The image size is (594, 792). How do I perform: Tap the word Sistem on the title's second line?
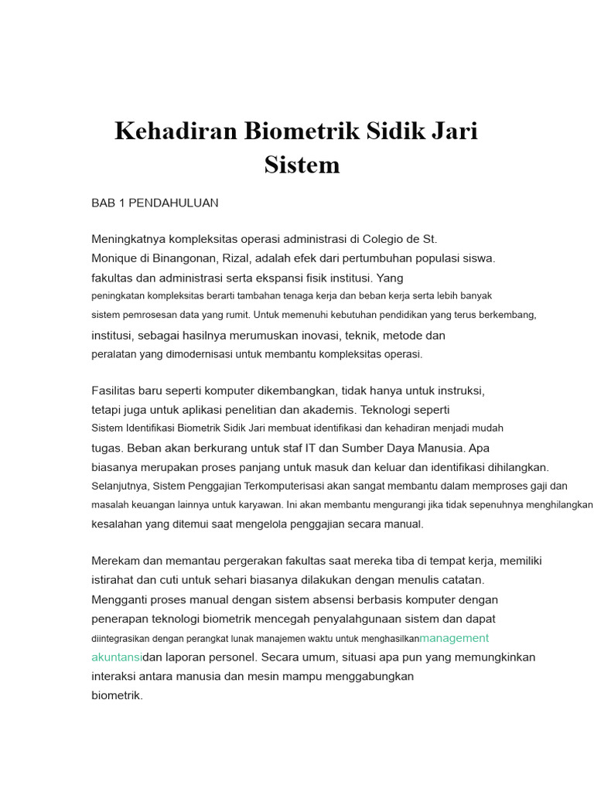pos(302,165)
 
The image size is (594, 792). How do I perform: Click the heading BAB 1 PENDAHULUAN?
pos(155,203)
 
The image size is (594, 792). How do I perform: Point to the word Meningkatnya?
pos(128,239)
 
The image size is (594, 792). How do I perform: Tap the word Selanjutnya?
pos(120,486)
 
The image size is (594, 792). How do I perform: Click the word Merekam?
pos(116,561)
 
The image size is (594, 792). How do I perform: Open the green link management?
pos(454,638)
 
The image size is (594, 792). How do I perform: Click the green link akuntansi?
pos(117,657)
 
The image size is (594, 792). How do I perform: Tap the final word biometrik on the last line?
pos(117,695)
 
